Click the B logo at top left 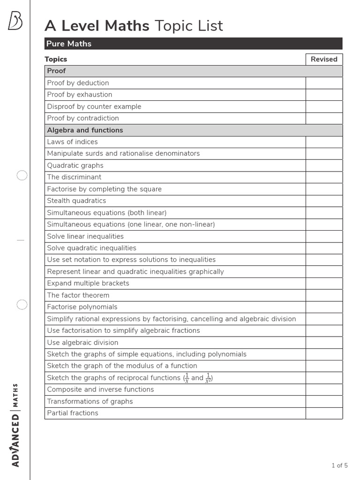pyautogui.click(x=15, y=21)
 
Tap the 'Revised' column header pyautogui.click(x=324, y=59)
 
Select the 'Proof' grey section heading pyautogui.click(x=56, y=71)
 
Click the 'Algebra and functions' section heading pyautogui.click(x=85, y=130)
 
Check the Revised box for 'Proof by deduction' pyautogui.click(x=324, y=83)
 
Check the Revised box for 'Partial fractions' pyautogui.click(x=324, y=413)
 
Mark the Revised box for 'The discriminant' pyautogui.click(x=324, y=177)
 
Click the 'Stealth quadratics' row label pyautogui.click(x=76, y=201)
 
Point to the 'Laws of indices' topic pyautogui.click(x=72, y=142)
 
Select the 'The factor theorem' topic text pyautogui.click(x=78, y=295)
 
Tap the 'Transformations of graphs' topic pyautogui.click(x=90, y=401)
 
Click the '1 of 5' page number pyautogui.click(x=339, y=465)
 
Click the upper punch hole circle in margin pyautogui.click(x=22, y=176)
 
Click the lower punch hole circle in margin pyautogui.click(x=22, y=305)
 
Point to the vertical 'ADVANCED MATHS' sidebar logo pyautogui.click(x=15, y=425)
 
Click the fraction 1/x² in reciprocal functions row pyautogui.click(x=208, y=378)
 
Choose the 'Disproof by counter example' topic pyautogui.click(x=94, y=106)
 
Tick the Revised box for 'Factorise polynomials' pyautogui.click(x=324, y=307)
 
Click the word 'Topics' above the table pyautogui.click(x=56, y=59)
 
